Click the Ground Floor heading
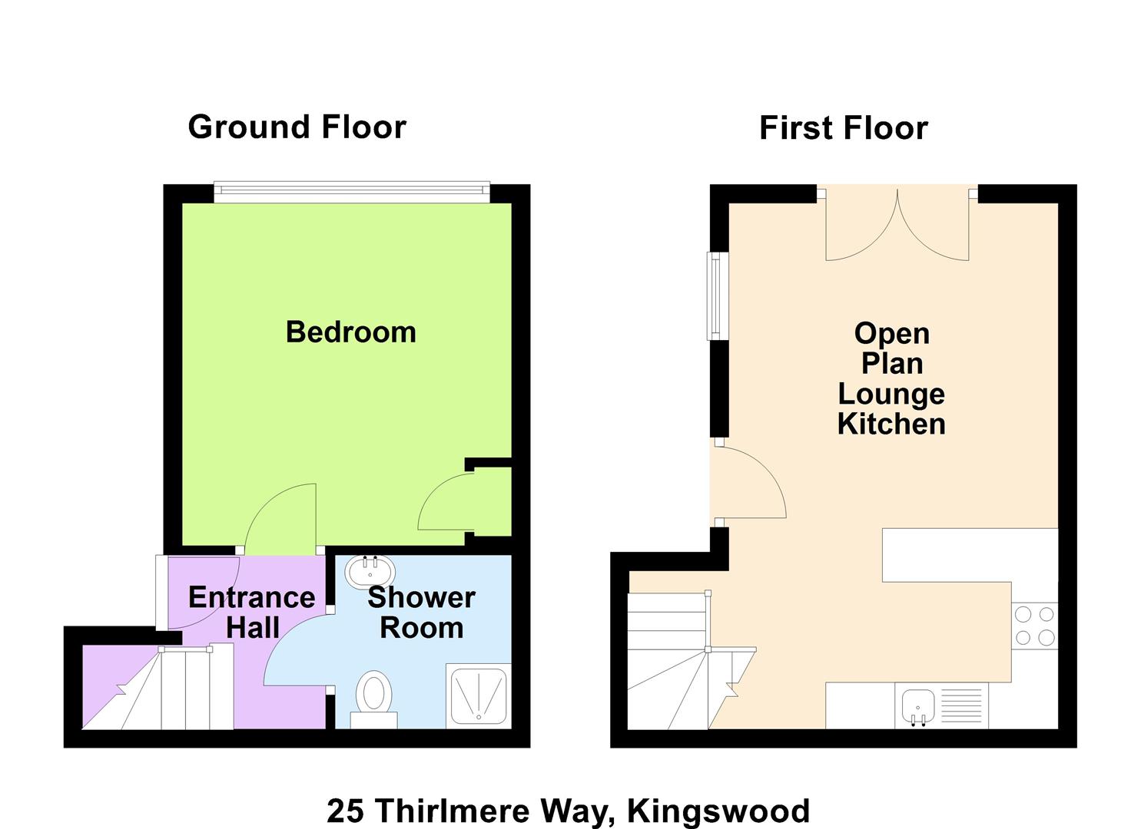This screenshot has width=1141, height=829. point(297,127)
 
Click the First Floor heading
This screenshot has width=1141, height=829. point(844,127)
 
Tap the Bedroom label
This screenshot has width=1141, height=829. point(351,332)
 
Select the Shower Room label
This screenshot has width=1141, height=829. point(422,613)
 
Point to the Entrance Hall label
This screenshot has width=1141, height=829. point(252,613)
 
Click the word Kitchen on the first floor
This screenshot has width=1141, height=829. point(891,424)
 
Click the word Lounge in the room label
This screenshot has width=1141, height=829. point(891,394)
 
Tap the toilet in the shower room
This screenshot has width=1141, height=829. point(374,699)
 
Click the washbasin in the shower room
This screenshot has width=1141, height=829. point(370,572)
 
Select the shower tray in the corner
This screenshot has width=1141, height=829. point(479,695)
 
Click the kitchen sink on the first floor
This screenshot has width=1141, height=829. point(918,706)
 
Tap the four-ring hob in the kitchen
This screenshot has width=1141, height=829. point(1034,626)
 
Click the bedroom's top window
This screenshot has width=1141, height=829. point(351,192)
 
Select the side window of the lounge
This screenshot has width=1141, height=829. point(718,296)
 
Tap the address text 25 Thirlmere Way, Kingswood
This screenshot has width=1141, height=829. point(568,811)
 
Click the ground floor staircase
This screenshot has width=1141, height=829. point(158,686)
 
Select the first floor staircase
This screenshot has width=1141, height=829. point(692,661)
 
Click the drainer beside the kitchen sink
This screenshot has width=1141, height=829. point(961,705)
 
